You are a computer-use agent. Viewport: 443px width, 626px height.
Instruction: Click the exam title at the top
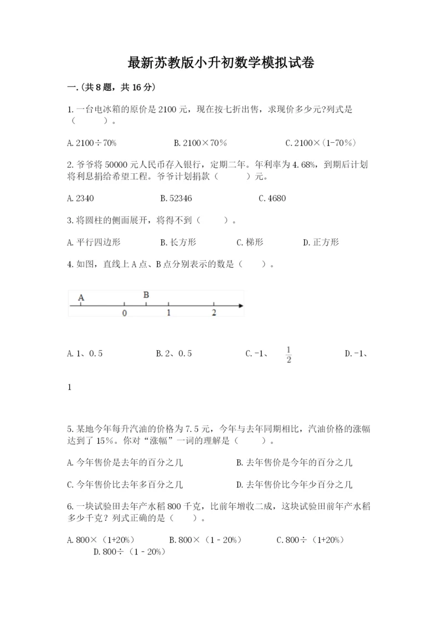(221, 63)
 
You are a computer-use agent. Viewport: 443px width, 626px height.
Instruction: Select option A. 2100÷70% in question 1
(91, 143)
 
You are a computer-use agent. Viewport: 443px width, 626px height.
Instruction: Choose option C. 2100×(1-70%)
(321, 143)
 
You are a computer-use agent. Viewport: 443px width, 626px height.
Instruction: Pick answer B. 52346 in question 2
(176, 198)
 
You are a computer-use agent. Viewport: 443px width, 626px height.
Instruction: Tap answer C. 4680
(272, 198)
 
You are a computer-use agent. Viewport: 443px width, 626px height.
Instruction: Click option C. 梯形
(250, 242)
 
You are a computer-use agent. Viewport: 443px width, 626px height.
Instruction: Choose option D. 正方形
(321, 242)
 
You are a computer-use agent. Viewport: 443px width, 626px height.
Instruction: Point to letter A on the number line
(81, 298)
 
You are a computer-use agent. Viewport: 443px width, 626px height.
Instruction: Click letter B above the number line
(146, 294)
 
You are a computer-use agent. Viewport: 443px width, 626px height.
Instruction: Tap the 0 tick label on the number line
(124, 313)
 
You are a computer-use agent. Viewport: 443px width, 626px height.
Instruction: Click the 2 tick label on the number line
(214, 313)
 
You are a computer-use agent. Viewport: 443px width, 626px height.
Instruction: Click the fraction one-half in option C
(289, 354)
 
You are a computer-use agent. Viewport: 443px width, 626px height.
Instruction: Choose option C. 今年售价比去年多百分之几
(125, 485)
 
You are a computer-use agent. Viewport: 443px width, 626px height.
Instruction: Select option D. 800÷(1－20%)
(130, 551)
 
